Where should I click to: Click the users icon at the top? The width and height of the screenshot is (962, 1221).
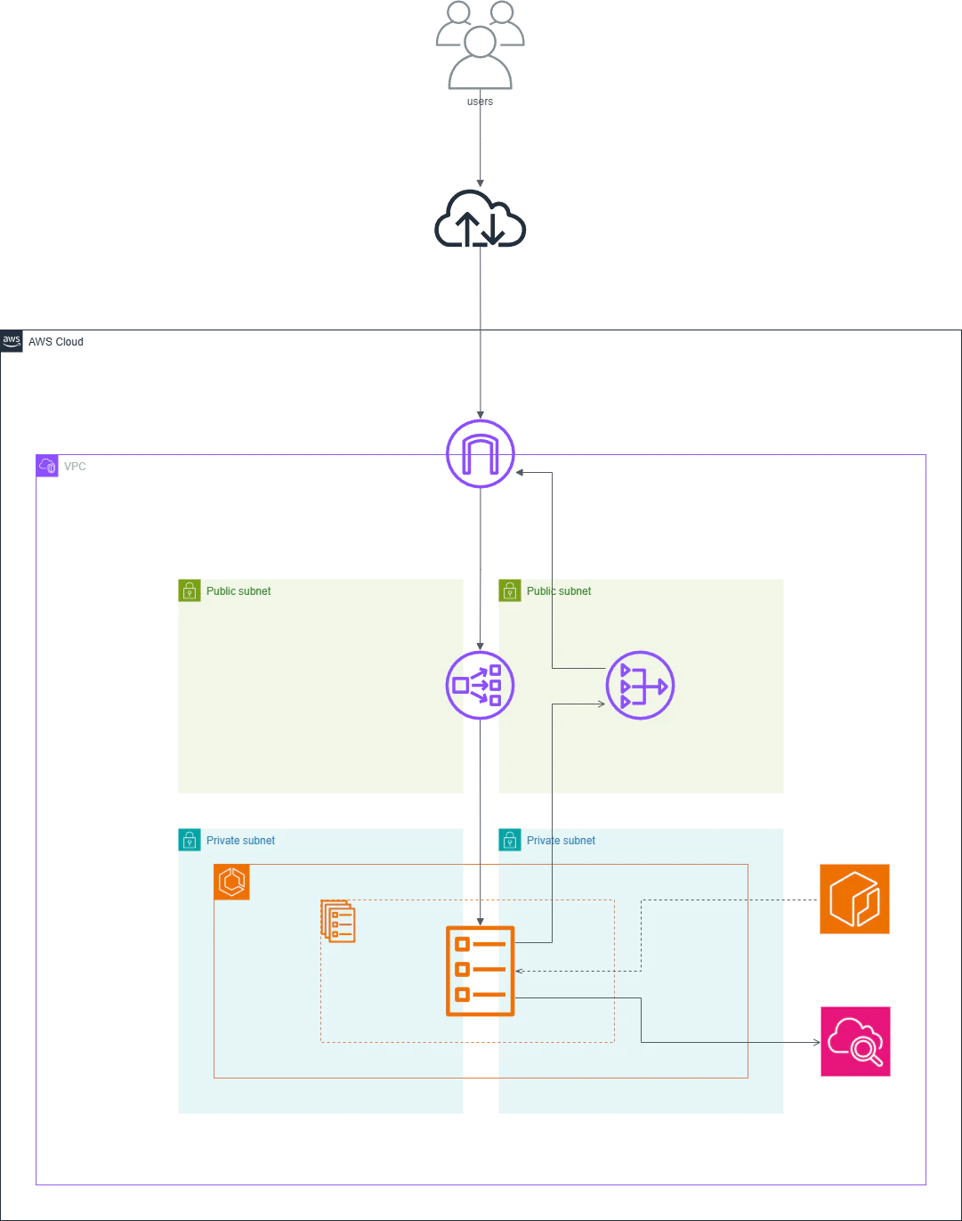click(x=481, y=45)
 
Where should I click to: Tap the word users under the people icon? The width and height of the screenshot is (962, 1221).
click(x=480, y=102)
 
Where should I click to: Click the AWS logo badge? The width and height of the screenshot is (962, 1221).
click(x=12, y=341)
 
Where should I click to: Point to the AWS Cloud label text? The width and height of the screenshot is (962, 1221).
click(x=55, y=342)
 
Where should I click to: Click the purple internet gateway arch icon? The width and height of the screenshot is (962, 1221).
click(x=481, y=454)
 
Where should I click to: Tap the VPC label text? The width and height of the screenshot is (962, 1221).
click(x=75, y=467)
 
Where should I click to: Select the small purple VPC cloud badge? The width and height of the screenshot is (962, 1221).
click(x=47, y=466)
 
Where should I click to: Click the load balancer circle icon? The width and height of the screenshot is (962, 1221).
click(x=481, y=686)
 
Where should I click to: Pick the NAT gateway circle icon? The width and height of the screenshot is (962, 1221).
click(x=640, y=686)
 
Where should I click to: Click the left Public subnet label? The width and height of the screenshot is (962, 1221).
click(x=238, y=591)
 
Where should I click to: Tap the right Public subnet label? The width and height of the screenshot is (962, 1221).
click(x=558, y=591)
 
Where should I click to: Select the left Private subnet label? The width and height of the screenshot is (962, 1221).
click(x=240, y=841)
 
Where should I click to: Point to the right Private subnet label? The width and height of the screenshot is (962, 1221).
click(x=561, y=841)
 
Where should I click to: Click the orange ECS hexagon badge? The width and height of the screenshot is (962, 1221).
click(x=232, y=883)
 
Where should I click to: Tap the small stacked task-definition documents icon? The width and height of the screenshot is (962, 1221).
click(x=338, y=921)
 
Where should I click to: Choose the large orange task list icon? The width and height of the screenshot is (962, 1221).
click(x=481, y=971)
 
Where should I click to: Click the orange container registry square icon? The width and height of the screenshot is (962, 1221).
click(x=854, y=899)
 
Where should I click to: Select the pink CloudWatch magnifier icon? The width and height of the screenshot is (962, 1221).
click(x=855, y=1042)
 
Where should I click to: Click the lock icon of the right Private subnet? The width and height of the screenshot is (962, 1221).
click(x=510, y=840)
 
